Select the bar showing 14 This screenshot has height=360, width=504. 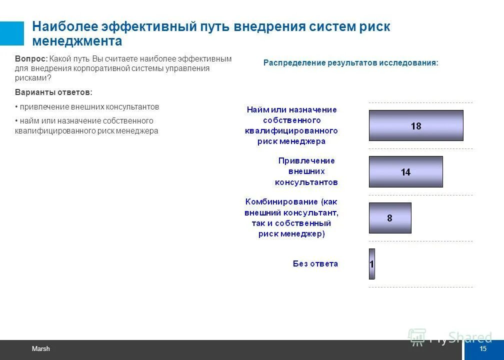point(405,171)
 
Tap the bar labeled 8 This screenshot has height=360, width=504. point(390,218)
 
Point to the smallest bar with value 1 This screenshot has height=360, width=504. point(371,263)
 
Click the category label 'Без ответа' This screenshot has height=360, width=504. point(315,263)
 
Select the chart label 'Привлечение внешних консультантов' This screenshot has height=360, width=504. point(306,171)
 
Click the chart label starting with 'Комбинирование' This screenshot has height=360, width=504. point(291,217)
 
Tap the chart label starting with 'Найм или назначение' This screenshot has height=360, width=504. point(291,125)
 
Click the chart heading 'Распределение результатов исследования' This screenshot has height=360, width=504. point(350,63)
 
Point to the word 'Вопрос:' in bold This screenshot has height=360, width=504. point(31,58)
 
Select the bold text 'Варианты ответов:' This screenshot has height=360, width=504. point(53,92)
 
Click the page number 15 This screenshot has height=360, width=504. point(482,349)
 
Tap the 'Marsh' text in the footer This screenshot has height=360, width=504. point(41,349)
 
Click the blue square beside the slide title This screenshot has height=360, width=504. point(11,33)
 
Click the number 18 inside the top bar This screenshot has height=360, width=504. point(416,126)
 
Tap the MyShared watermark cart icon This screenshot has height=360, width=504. point(416,336)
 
